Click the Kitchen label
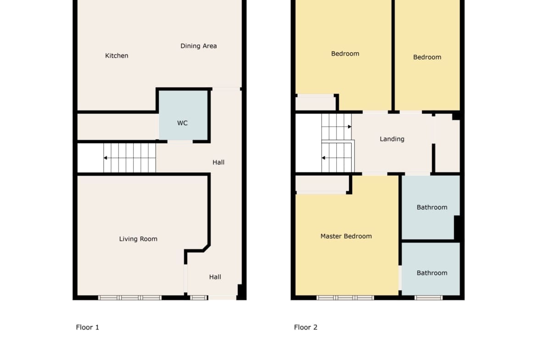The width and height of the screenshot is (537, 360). pos(117,56)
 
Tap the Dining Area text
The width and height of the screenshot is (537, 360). pos(199,46)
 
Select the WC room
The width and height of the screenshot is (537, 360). pos(183,115)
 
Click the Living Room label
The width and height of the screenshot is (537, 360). pos(138,239)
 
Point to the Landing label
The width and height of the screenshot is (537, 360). pos(392,139)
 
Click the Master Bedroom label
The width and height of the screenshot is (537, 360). pos(346,236)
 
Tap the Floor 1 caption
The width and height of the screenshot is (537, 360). pos(87,327)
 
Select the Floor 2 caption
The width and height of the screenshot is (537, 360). pos(306,327)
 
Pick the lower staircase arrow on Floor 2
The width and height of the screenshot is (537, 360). pos(337,158)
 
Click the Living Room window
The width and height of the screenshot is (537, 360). pos(129,298)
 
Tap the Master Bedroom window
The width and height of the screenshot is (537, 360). pos(345,298)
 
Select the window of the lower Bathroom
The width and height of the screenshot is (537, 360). pos(428,298)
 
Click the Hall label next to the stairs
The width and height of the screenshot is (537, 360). pos(218,162)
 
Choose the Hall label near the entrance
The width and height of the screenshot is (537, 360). pos(215,277)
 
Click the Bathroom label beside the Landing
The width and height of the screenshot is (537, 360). pos(432,207)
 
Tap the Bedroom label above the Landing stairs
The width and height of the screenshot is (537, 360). pos(345,54)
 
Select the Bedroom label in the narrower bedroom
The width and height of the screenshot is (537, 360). pos(427,57)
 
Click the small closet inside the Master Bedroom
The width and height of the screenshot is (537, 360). pos(322,184)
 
